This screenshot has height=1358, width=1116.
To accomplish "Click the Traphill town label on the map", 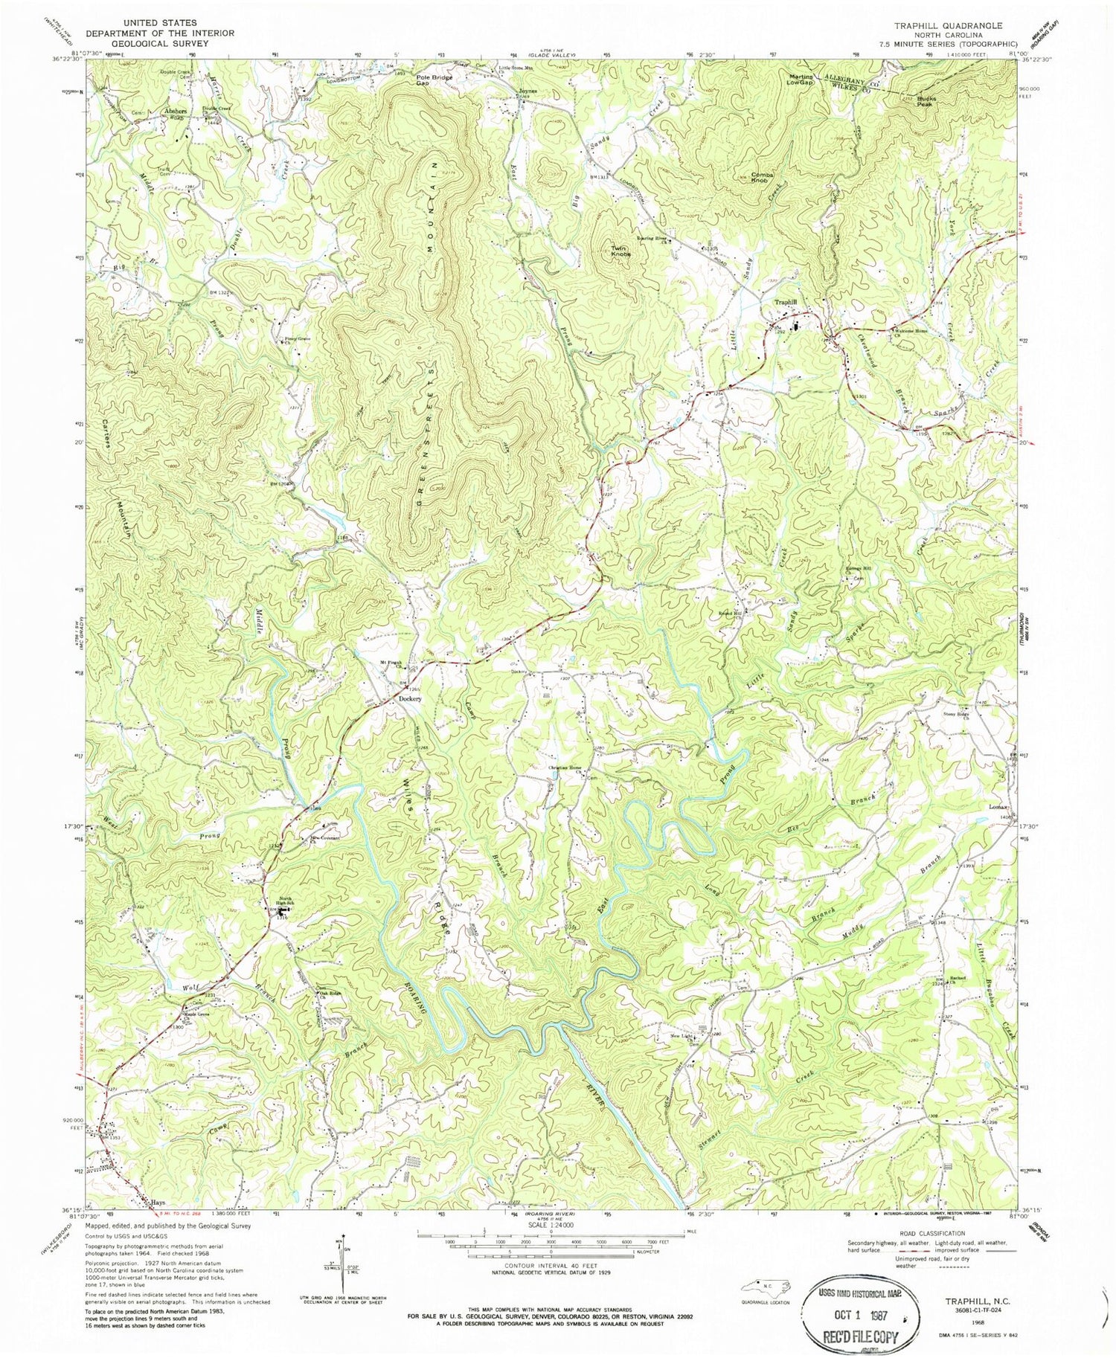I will pyautogui.click(x=786, y=303).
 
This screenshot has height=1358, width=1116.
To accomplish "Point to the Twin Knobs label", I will pyautogui.click(x=621, y=251).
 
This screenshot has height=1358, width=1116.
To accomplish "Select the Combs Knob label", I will pyautogui.click(x=763, y=178).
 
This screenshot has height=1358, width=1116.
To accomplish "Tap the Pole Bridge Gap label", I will pyautogui.click(x=434, y=80).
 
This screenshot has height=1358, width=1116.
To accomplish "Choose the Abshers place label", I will pyautogui.click(x=174, y=112).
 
